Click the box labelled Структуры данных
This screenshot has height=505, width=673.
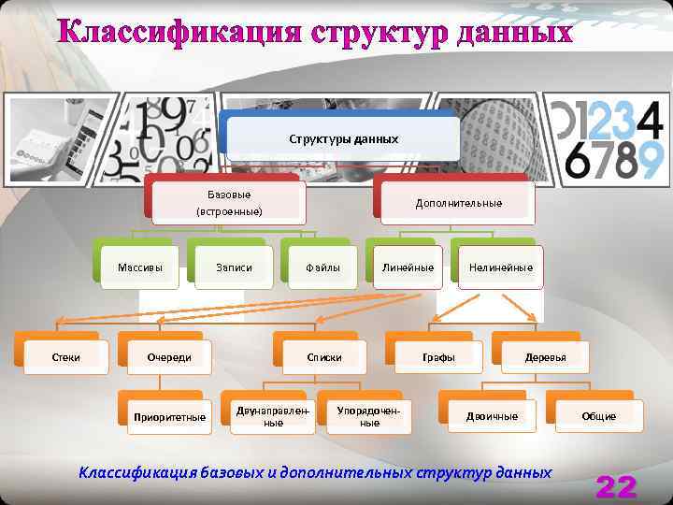tap(343, 138)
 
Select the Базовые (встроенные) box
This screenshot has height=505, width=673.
tap(229, 203)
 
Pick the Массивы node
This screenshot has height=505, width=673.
tap(140, 267)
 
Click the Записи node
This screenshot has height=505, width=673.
tap(234, 267)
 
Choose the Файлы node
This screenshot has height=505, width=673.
tap(322, 267)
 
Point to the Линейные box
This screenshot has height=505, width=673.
tap(408, 267)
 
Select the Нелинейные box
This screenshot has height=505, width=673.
tap(501, 267)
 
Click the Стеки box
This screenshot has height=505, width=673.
tap(64, 357)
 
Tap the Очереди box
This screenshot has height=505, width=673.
tap(169, 357)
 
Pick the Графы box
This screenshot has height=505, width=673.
tap(438, 357)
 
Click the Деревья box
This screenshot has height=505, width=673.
tap(545, 357)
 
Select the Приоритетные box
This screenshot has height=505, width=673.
tap(169, 416)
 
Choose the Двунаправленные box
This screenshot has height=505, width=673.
tap(273, 416)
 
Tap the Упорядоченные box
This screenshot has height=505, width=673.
tap(369, 416)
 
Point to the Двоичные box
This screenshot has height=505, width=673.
tap(492, 416)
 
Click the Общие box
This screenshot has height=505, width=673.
tap(598, 416)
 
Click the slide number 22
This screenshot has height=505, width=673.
tap(616, 486)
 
